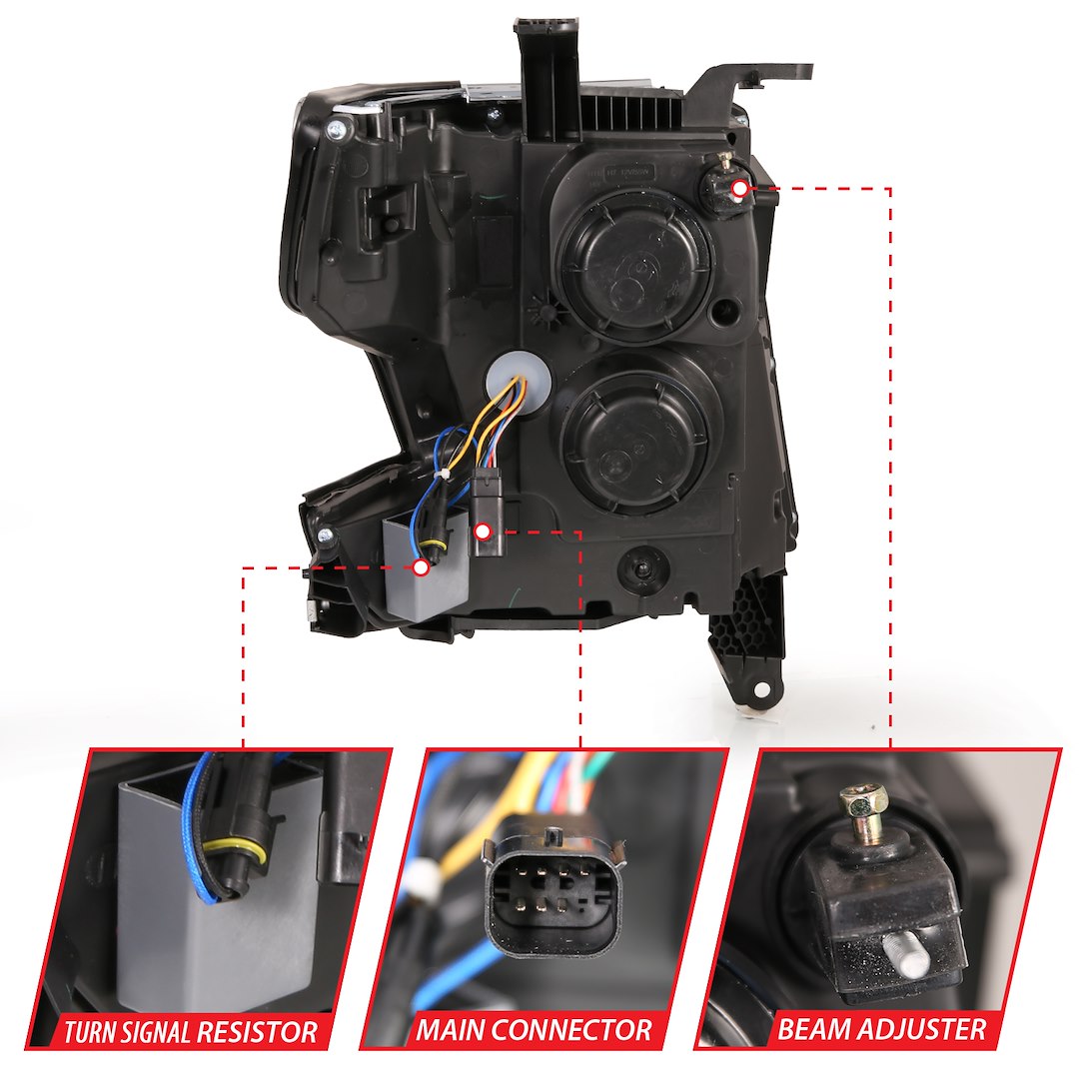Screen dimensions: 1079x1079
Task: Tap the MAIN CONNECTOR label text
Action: click(x=534, y=1029)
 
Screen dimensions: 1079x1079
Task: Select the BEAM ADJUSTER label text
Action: click(x=882, y=1028)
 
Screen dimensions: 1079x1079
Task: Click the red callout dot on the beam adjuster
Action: click(x=738, y=187)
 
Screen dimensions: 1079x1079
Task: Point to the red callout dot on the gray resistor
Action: click(x=421, y=567)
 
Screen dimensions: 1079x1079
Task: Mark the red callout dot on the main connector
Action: click(x=484, y=532)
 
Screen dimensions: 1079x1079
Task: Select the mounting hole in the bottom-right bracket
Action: click(x=761, y=690)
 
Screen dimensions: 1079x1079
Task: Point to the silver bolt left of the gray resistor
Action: click(x=326, y=536)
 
